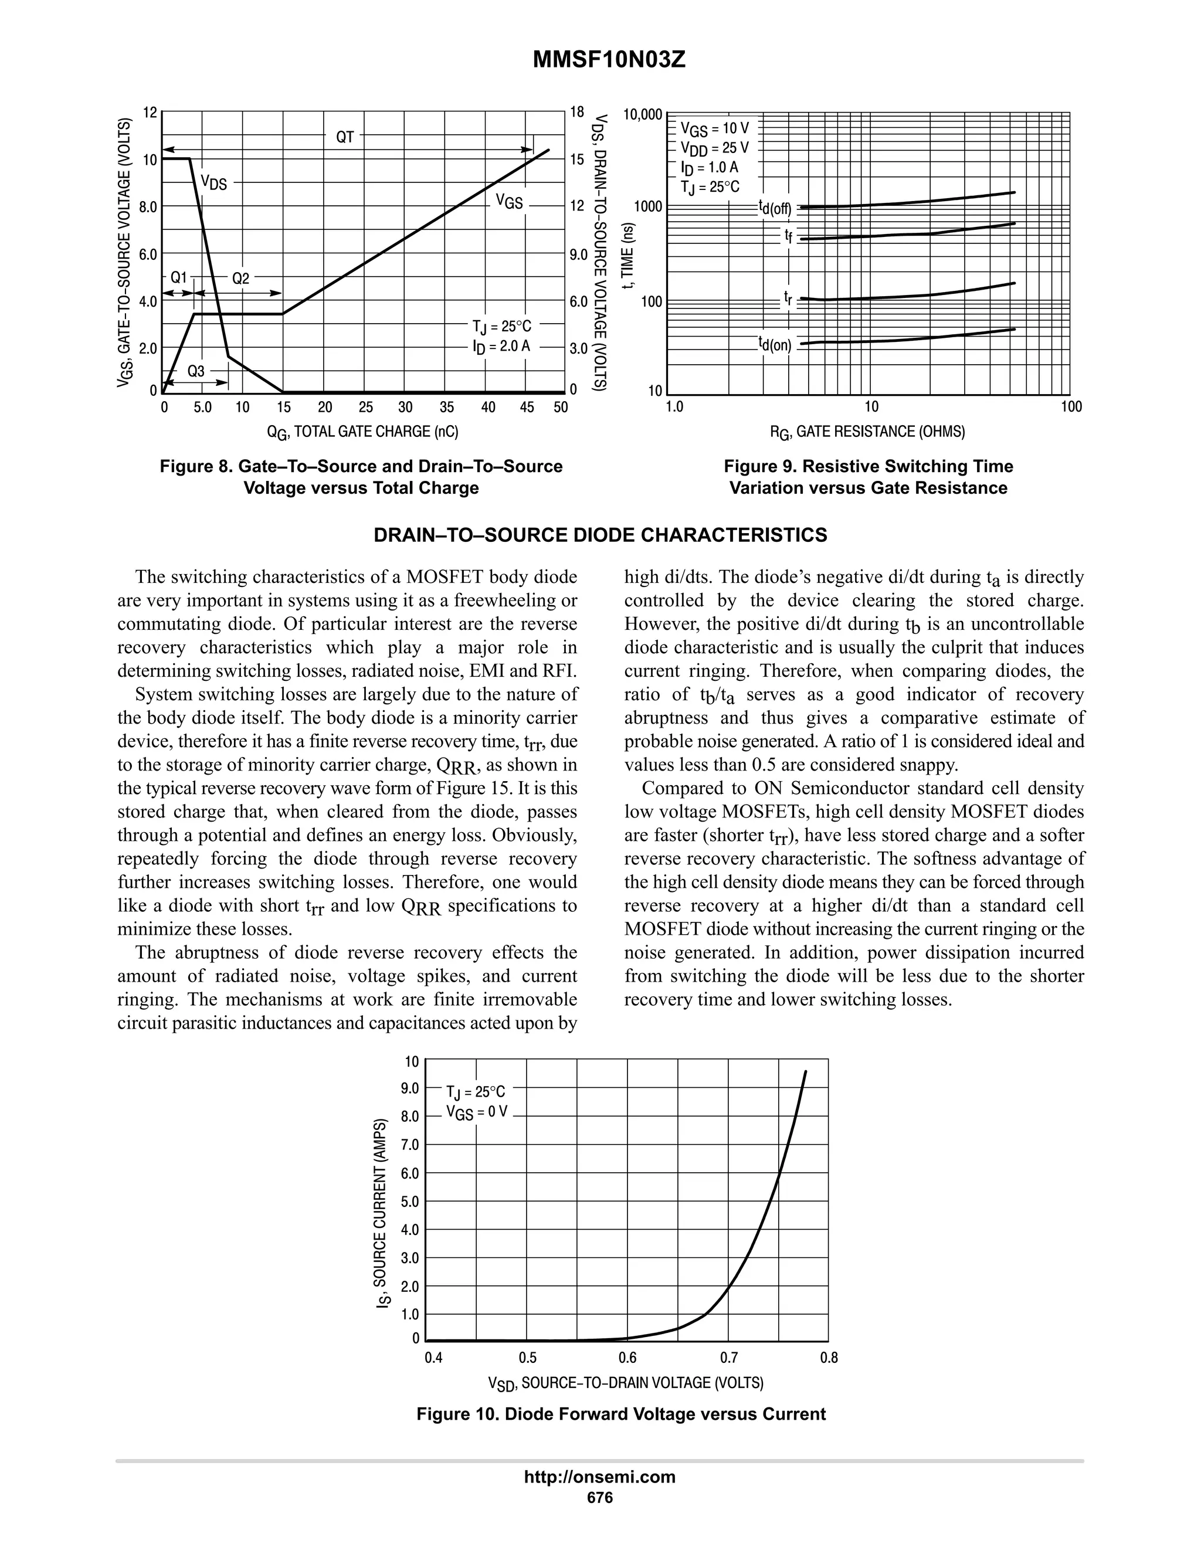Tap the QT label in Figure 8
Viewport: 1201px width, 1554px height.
pyautogui.click(x=344, y=137)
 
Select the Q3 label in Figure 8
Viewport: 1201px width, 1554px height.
pyautogui.click(x=196, y=371)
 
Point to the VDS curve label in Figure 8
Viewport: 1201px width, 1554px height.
pyautogui.click(x=213, y=182)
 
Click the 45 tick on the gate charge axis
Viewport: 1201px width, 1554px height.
pyautogui.click(x=527, y=407)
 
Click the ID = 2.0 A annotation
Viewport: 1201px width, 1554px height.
pyautogui.click(x=501, y=347)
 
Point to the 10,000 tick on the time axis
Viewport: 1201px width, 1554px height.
pyautogui.click(x=643, y=114)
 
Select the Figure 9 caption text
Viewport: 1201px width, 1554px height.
pyautogui.click(x=868, y=477)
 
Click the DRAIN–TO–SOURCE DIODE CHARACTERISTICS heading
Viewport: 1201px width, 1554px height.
pyautogui.click(x=600, y=535)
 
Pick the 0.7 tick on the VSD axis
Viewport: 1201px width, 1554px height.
pyautogui.click(x=728, y=1358)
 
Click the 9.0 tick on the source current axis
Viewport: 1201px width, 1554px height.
pyautogui.click(x=410, y=1088)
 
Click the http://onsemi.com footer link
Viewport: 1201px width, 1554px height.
pyautogui.click(x=600, y=1477)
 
